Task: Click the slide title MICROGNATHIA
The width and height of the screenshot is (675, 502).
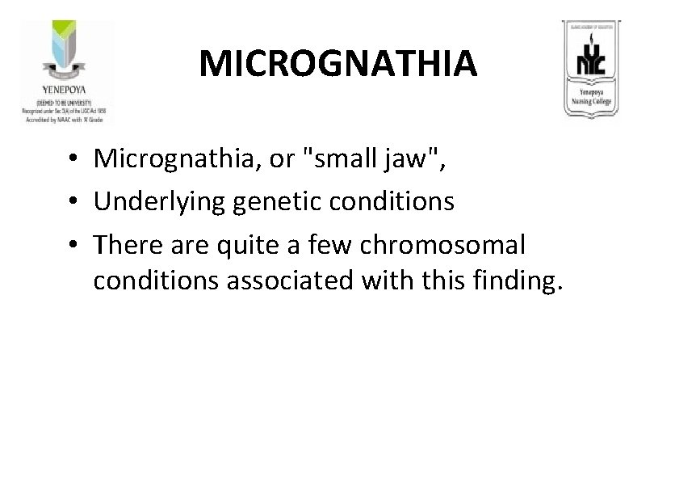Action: pos(337,63)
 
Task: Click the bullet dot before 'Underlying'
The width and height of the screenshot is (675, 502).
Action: pos(73,201)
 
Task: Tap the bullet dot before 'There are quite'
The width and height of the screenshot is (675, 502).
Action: pos(73,243)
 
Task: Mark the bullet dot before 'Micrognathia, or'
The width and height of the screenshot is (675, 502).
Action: pos(73,159)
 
